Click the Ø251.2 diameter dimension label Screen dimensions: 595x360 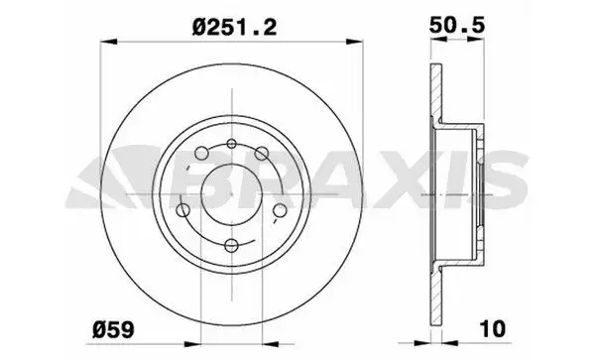click(x=234, y=28)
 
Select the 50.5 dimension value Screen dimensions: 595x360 click(x=457, y=26)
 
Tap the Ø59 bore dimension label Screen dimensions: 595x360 click(x=113, y=329)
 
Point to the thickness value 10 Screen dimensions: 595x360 click(x=493, y=329)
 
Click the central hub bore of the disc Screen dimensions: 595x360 click(x=231, y=194)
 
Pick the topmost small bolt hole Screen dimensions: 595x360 click(x=231, y=144)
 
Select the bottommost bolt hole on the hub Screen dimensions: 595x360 click(x=231, y=245)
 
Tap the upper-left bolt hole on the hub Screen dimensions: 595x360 click(x=201, y=154)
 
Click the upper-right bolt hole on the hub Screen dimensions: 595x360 click(x=262, y=154)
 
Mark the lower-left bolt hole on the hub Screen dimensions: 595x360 click(x=183, y=210)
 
